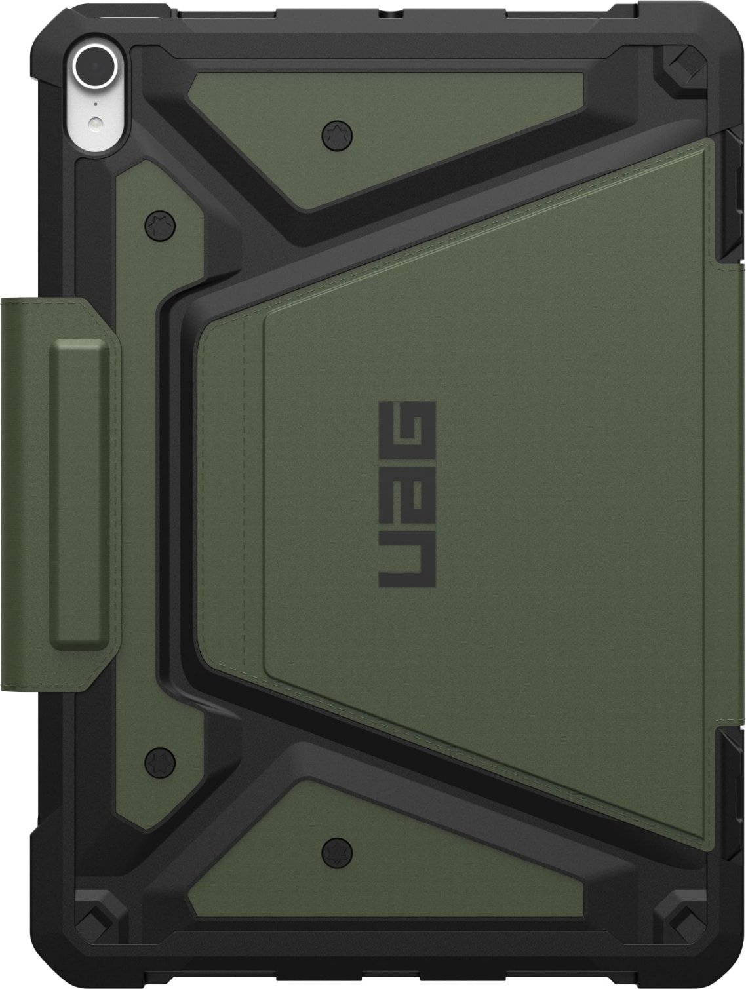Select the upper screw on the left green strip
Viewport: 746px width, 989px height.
[160, 225]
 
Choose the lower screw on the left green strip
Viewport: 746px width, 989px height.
[160, 762]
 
